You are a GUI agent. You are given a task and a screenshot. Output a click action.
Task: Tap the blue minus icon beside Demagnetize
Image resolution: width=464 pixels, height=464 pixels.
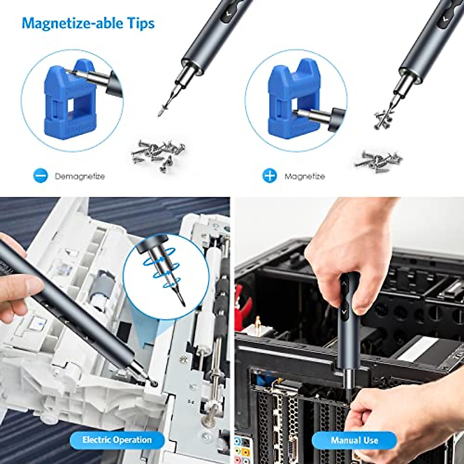point(41,176)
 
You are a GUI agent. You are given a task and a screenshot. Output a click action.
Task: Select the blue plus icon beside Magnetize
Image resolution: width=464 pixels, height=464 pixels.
point(270,176)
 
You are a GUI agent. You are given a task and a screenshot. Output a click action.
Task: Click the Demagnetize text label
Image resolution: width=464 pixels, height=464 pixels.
point(80,176)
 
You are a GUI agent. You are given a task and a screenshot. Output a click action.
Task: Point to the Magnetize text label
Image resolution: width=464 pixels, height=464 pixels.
point(305,176)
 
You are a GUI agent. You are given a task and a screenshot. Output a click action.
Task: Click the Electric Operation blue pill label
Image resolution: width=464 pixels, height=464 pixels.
point(117,440)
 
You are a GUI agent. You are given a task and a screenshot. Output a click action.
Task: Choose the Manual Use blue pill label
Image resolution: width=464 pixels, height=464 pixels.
point(354,440)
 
